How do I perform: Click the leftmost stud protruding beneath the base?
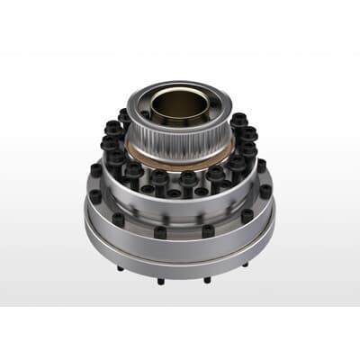(121, 268)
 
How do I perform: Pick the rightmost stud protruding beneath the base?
(244, 266)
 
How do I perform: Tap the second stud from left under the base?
(160, 281)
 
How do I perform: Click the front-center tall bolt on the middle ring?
(188, 180)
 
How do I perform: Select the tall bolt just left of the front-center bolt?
(158, 178)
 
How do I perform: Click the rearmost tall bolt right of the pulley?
(238, 119)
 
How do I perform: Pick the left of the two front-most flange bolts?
(160, 231)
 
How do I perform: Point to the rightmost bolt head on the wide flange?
(265, 191)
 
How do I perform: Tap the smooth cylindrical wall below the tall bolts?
(180, 205)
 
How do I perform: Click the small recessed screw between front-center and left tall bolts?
(174, 188)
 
